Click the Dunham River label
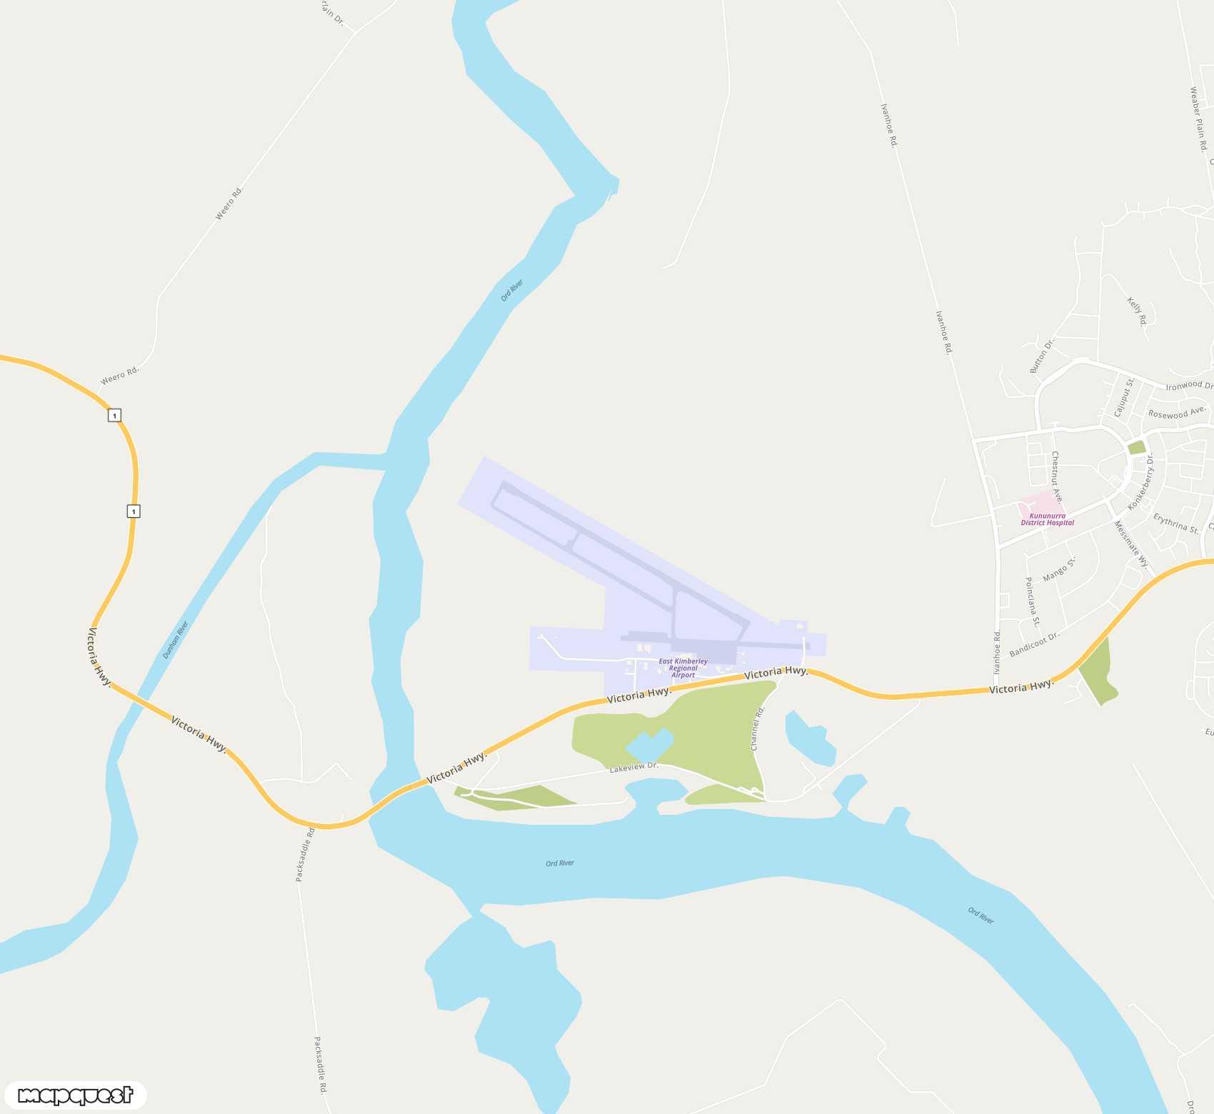coord(175,640)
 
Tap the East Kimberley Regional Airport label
coord(683,668)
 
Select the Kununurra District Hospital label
coord(1047,519)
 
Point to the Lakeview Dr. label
coord(633,767)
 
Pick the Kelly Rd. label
coord(1137,311)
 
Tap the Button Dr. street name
coord(1041,356)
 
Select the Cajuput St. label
coord(1123,398)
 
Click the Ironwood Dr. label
coord(1188,386)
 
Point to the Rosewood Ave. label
coord(1177,413)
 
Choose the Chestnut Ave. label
coord(1057,476)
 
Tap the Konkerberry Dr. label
coord(1140,482)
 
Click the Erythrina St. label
coord(1175,523)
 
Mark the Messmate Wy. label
coord(1131,544)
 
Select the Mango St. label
coord(1059,569)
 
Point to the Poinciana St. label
coord(1032,601)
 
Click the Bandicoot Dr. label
coord(1034,644)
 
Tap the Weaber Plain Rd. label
coord(1198,119)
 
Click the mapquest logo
coord(75,1095)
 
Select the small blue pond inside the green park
coord(648,747)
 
